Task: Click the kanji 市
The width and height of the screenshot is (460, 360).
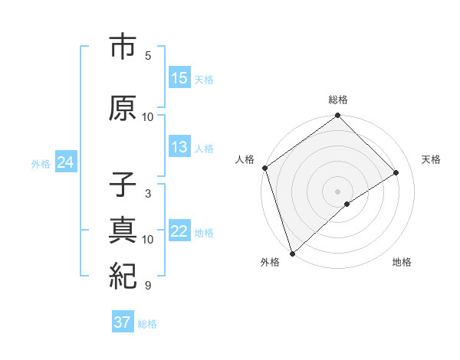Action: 123,48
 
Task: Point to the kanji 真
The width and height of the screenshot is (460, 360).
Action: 123,230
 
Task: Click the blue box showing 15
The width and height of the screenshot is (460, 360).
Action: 179,78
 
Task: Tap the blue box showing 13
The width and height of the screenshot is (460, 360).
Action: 179,147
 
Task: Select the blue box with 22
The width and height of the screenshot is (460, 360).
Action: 179,231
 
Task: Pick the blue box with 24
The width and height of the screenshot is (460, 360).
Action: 65,162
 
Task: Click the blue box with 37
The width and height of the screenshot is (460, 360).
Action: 123,322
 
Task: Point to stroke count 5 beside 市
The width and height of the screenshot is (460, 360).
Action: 148,56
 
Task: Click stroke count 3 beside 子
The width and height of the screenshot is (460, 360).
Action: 148,194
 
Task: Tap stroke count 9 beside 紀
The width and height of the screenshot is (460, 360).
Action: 148,286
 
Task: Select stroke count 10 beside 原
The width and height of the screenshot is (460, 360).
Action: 148,117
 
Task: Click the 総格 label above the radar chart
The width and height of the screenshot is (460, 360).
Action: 338,100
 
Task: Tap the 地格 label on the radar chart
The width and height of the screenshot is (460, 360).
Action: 402,262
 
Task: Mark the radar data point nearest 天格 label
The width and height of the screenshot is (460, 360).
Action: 396,172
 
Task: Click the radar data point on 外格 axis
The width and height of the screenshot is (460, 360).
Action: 292,253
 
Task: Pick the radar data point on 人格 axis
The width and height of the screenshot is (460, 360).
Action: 264,168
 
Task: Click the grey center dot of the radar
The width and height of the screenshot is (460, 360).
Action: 337,191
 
